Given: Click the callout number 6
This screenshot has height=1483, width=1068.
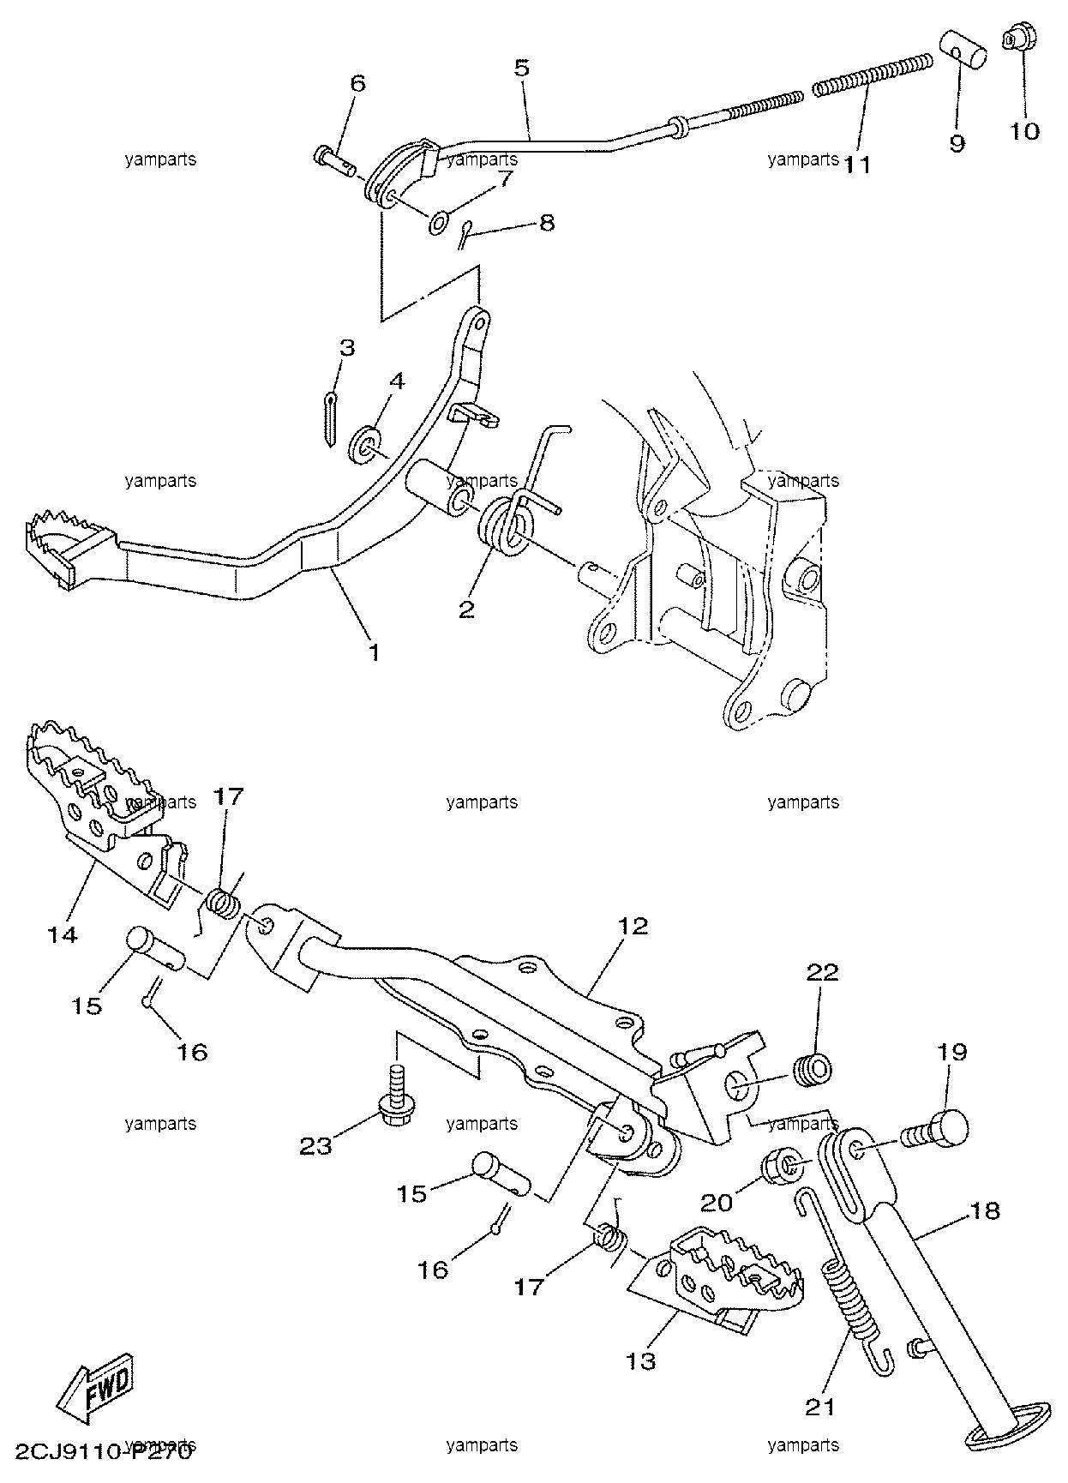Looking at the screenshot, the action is point(357,83).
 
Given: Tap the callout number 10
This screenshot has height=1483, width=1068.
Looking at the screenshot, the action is point(1025,131).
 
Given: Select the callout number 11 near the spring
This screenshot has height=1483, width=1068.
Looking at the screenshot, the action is point(857,163).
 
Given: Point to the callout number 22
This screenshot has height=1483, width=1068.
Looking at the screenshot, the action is point(821,972).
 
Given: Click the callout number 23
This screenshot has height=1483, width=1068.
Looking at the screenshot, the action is point(315,1145).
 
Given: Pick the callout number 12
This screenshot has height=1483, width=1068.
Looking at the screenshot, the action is point(633,926).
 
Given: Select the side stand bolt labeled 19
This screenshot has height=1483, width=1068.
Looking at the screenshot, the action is point(936,1132).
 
